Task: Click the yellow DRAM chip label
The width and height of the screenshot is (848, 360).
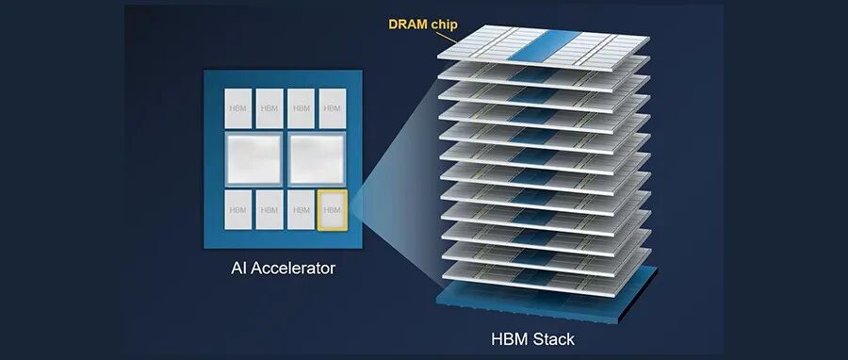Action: pyautogui.click(x=423, y=25)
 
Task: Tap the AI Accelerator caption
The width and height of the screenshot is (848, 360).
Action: pyautogui.click(x=283, y=268)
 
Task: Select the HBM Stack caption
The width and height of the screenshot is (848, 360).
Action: pyautogui.click(x=532, y=339)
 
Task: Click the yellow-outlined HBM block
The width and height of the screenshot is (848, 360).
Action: pyautogui.click(x=332, y=210)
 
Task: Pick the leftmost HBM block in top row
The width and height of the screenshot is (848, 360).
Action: pyautogui.click(x=238, y=108)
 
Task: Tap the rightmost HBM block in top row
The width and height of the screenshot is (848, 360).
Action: pyautogui.click(x=332, y=108)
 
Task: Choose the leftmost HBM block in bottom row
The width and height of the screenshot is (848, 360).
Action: pyautogui.click(x=238, y=210)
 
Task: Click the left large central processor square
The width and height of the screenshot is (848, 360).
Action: pyautogui.click(x=253, y=159)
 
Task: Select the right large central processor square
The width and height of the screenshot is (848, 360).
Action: pyautogui.click(x=317, y=159)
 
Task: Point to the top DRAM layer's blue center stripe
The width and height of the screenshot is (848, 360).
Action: pyautogui.click(x=544, y=45)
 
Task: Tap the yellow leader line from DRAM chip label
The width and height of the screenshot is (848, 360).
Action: pyautogui.click(x=447, y=38)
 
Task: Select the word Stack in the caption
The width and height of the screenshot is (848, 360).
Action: pyautogui.click(x=553, y=339)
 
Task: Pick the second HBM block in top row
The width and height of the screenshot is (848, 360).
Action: pyautogui.click(x=269, y=108)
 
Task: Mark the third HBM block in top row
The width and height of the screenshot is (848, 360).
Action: pyautogui.click(x=301, y=108)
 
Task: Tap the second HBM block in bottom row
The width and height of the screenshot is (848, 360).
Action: pyautogui.click(x=269, y=210)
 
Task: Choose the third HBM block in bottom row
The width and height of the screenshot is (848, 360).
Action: pyautogui.click(x=301, y=210)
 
